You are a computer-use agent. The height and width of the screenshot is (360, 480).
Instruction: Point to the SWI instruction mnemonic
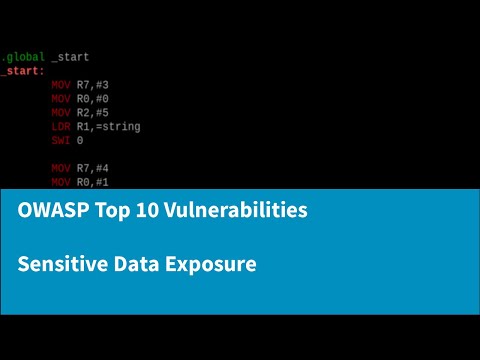60,141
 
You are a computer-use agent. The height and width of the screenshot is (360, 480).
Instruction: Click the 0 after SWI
80,141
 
